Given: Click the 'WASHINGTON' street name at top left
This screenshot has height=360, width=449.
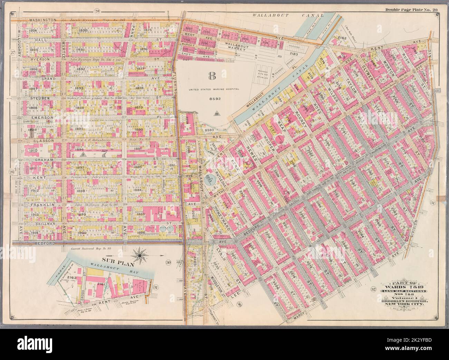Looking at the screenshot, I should tap(43, 20).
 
